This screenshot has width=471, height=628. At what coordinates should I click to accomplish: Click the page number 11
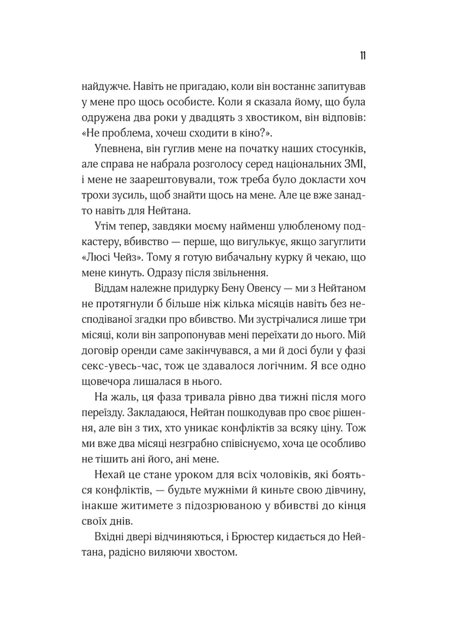pyautogui.click(x=362, y=56)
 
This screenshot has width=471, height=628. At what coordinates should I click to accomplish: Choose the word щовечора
pyautogui.click(x=106, y=382)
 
